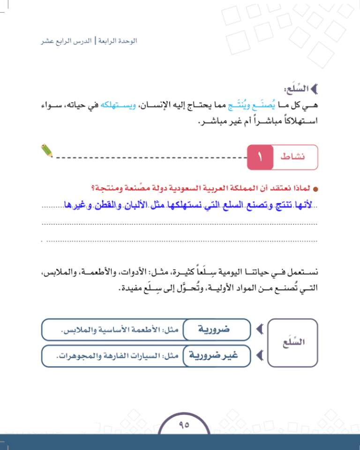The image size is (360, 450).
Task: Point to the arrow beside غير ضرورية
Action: (258, 356)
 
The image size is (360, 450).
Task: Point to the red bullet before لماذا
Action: (315, 189)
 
